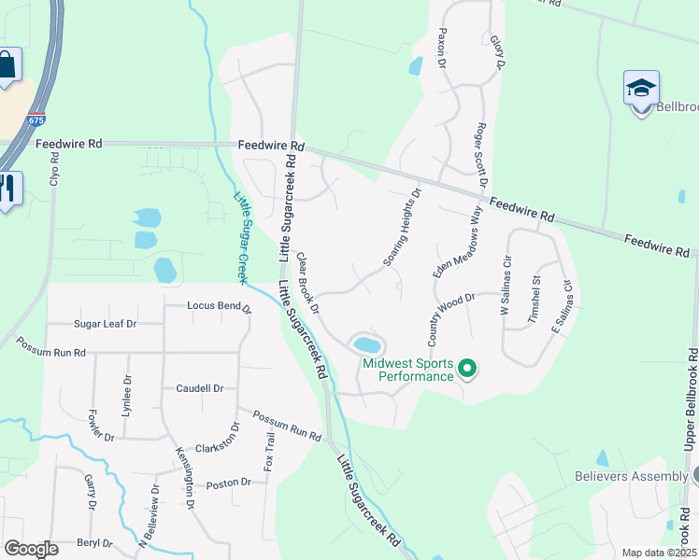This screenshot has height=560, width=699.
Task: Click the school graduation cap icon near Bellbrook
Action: click(641, 90)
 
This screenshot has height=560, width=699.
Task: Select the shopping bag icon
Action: click(7, 66)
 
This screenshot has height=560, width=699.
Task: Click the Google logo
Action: click(31, 549)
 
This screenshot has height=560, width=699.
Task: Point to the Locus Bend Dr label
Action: click(219, 305)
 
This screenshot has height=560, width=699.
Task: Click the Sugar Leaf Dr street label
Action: click(106, 324)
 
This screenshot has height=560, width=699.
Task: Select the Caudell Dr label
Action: click(199, 388)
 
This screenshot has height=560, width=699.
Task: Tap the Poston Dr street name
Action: click(229, 483)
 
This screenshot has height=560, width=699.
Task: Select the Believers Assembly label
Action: click(631, 476)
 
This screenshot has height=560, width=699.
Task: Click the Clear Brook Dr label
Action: click(308, 282)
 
